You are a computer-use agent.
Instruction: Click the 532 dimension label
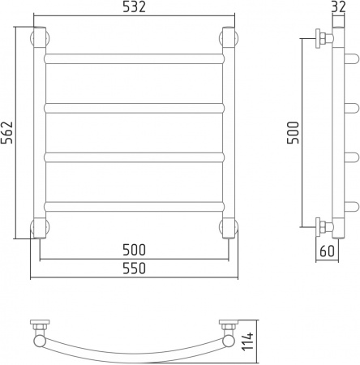pyautogui.click(x=135, y=7)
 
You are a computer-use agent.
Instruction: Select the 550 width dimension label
pyautogui.click(x=135, y=268)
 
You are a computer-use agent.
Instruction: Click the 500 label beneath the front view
pyautogui.click(x=135, y=250)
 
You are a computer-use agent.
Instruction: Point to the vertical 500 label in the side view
pyautogui.click(x=294, y=132)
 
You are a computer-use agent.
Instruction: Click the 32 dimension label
pyautogui.click(x=338, y=7)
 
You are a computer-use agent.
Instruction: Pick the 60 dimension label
pyautogui.click(x=327, y=251)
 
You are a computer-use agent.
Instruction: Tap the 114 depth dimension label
pyautogui.click(x=247, y=341)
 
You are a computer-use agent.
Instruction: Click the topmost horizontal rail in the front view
pyautogui.click(x=135, y=58)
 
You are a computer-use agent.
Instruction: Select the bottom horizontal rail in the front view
pyautogui.click(x=135, y=207)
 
